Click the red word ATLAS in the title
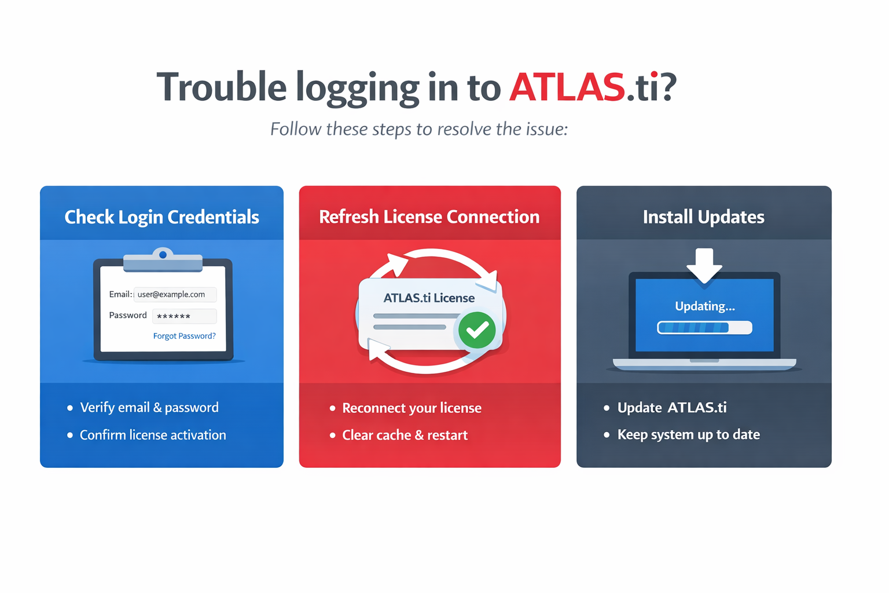[567, 87]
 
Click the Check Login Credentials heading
[161, 217]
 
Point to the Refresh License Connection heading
[429, 217]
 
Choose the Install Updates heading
[704, 217]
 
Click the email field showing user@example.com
[175, 294]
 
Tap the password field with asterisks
[185, 316]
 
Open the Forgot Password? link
[185, 336]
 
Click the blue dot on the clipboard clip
[163, 255]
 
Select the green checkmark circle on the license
[477, 330]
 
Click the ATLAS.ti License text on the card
[429, 298]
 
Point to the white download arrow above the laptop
[704, 265]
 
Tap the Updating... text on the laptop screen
[705, 306]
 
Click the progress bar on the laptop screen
[704, 328]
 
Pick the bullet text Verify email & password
[149, 408]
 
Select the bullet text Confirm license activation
[153, 435]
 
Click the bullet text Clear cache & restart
[405, 435]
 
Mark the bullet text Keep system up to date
[689, 434]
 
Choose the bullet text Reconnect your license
[412, 408]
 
